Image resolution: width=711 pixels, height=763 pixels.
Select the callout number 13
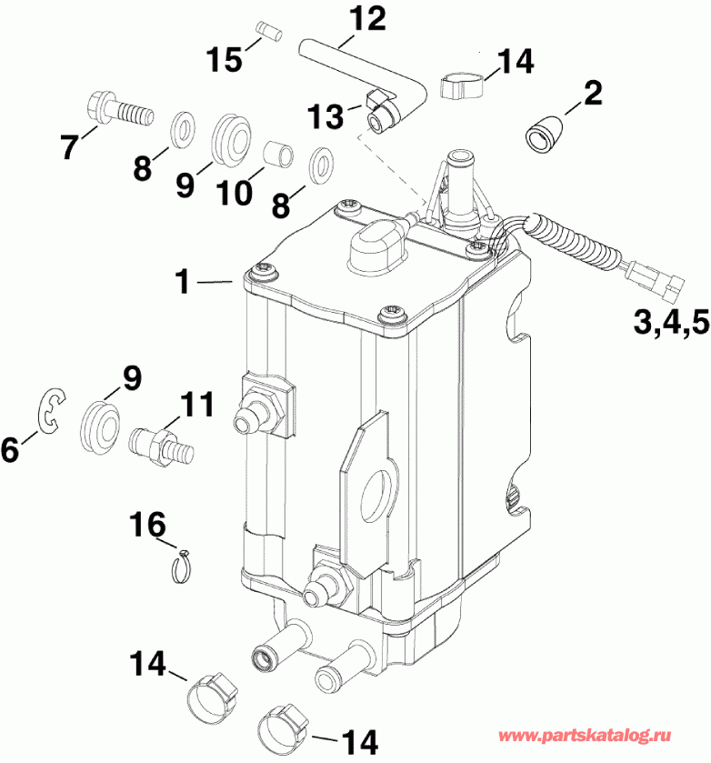click(x=327, y=115)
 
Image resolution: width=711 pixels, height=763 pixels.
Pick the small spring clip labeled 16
click(x=185, y=566)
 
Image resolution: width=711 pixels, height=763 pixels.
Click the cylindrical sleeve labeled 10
click(x=277, y=154)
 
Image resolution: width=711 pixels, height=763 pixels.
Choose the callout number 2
click(x=593, y=91)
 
